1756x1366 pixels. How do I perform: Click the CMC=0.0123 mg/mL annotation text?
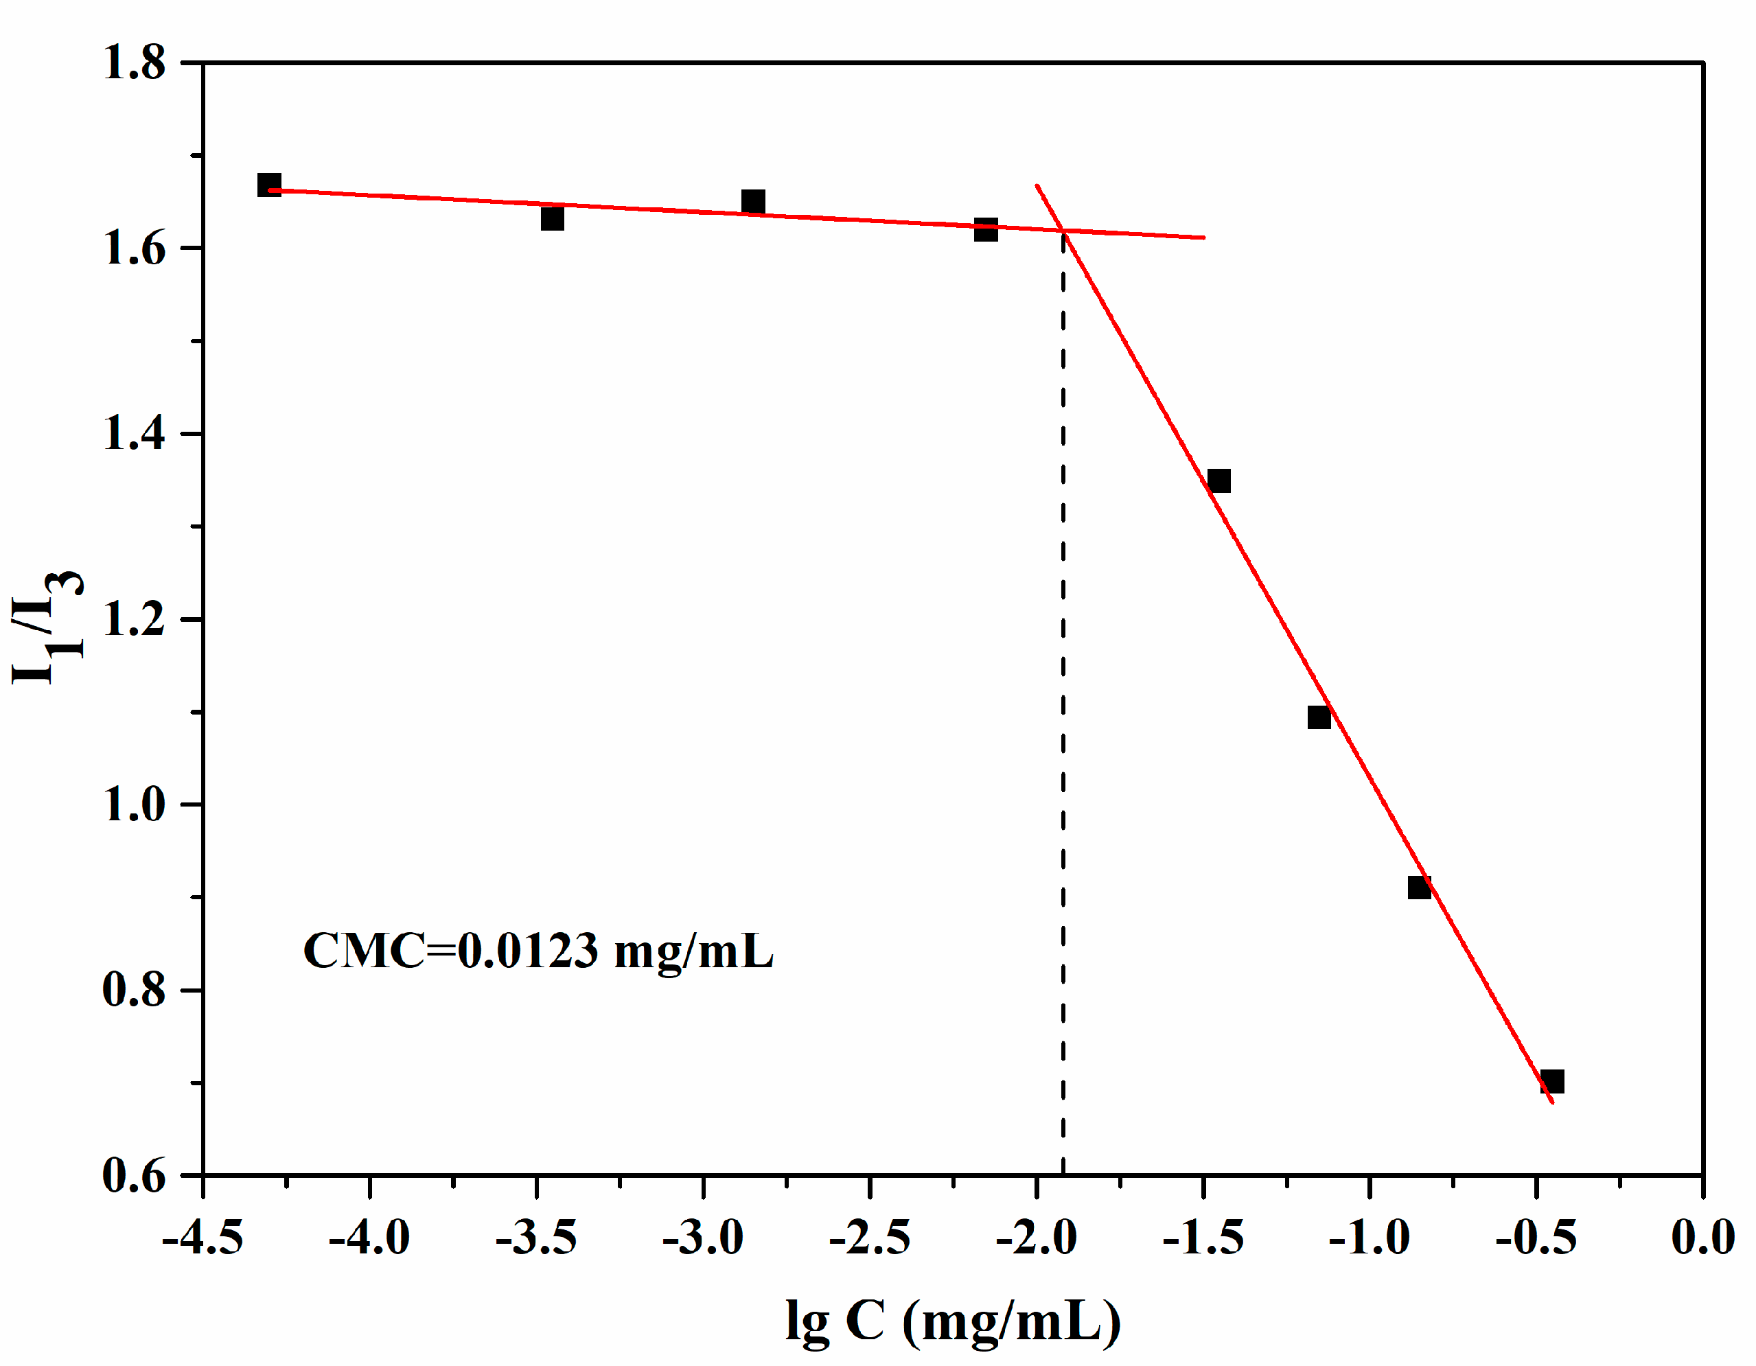[537, 951]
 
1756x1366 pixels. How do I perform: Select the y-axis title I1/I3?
[47, 628]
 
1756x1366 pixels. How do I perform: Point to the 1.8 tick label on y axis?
[133, 62]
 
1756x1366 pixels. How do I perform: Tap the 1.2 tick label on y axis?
[133, 620]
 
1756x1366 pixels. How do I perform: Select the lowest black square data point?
[1552, 1081]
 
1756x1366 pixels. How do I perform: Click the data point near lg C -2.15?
[986, 230]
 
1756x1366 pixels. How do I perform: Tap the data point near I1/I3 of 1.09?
[1319, 717]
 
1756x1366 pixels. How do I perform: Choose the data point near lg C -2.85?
[752, 202]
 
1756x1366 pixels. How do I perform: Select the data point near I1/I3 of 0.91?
[1419, 888]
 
